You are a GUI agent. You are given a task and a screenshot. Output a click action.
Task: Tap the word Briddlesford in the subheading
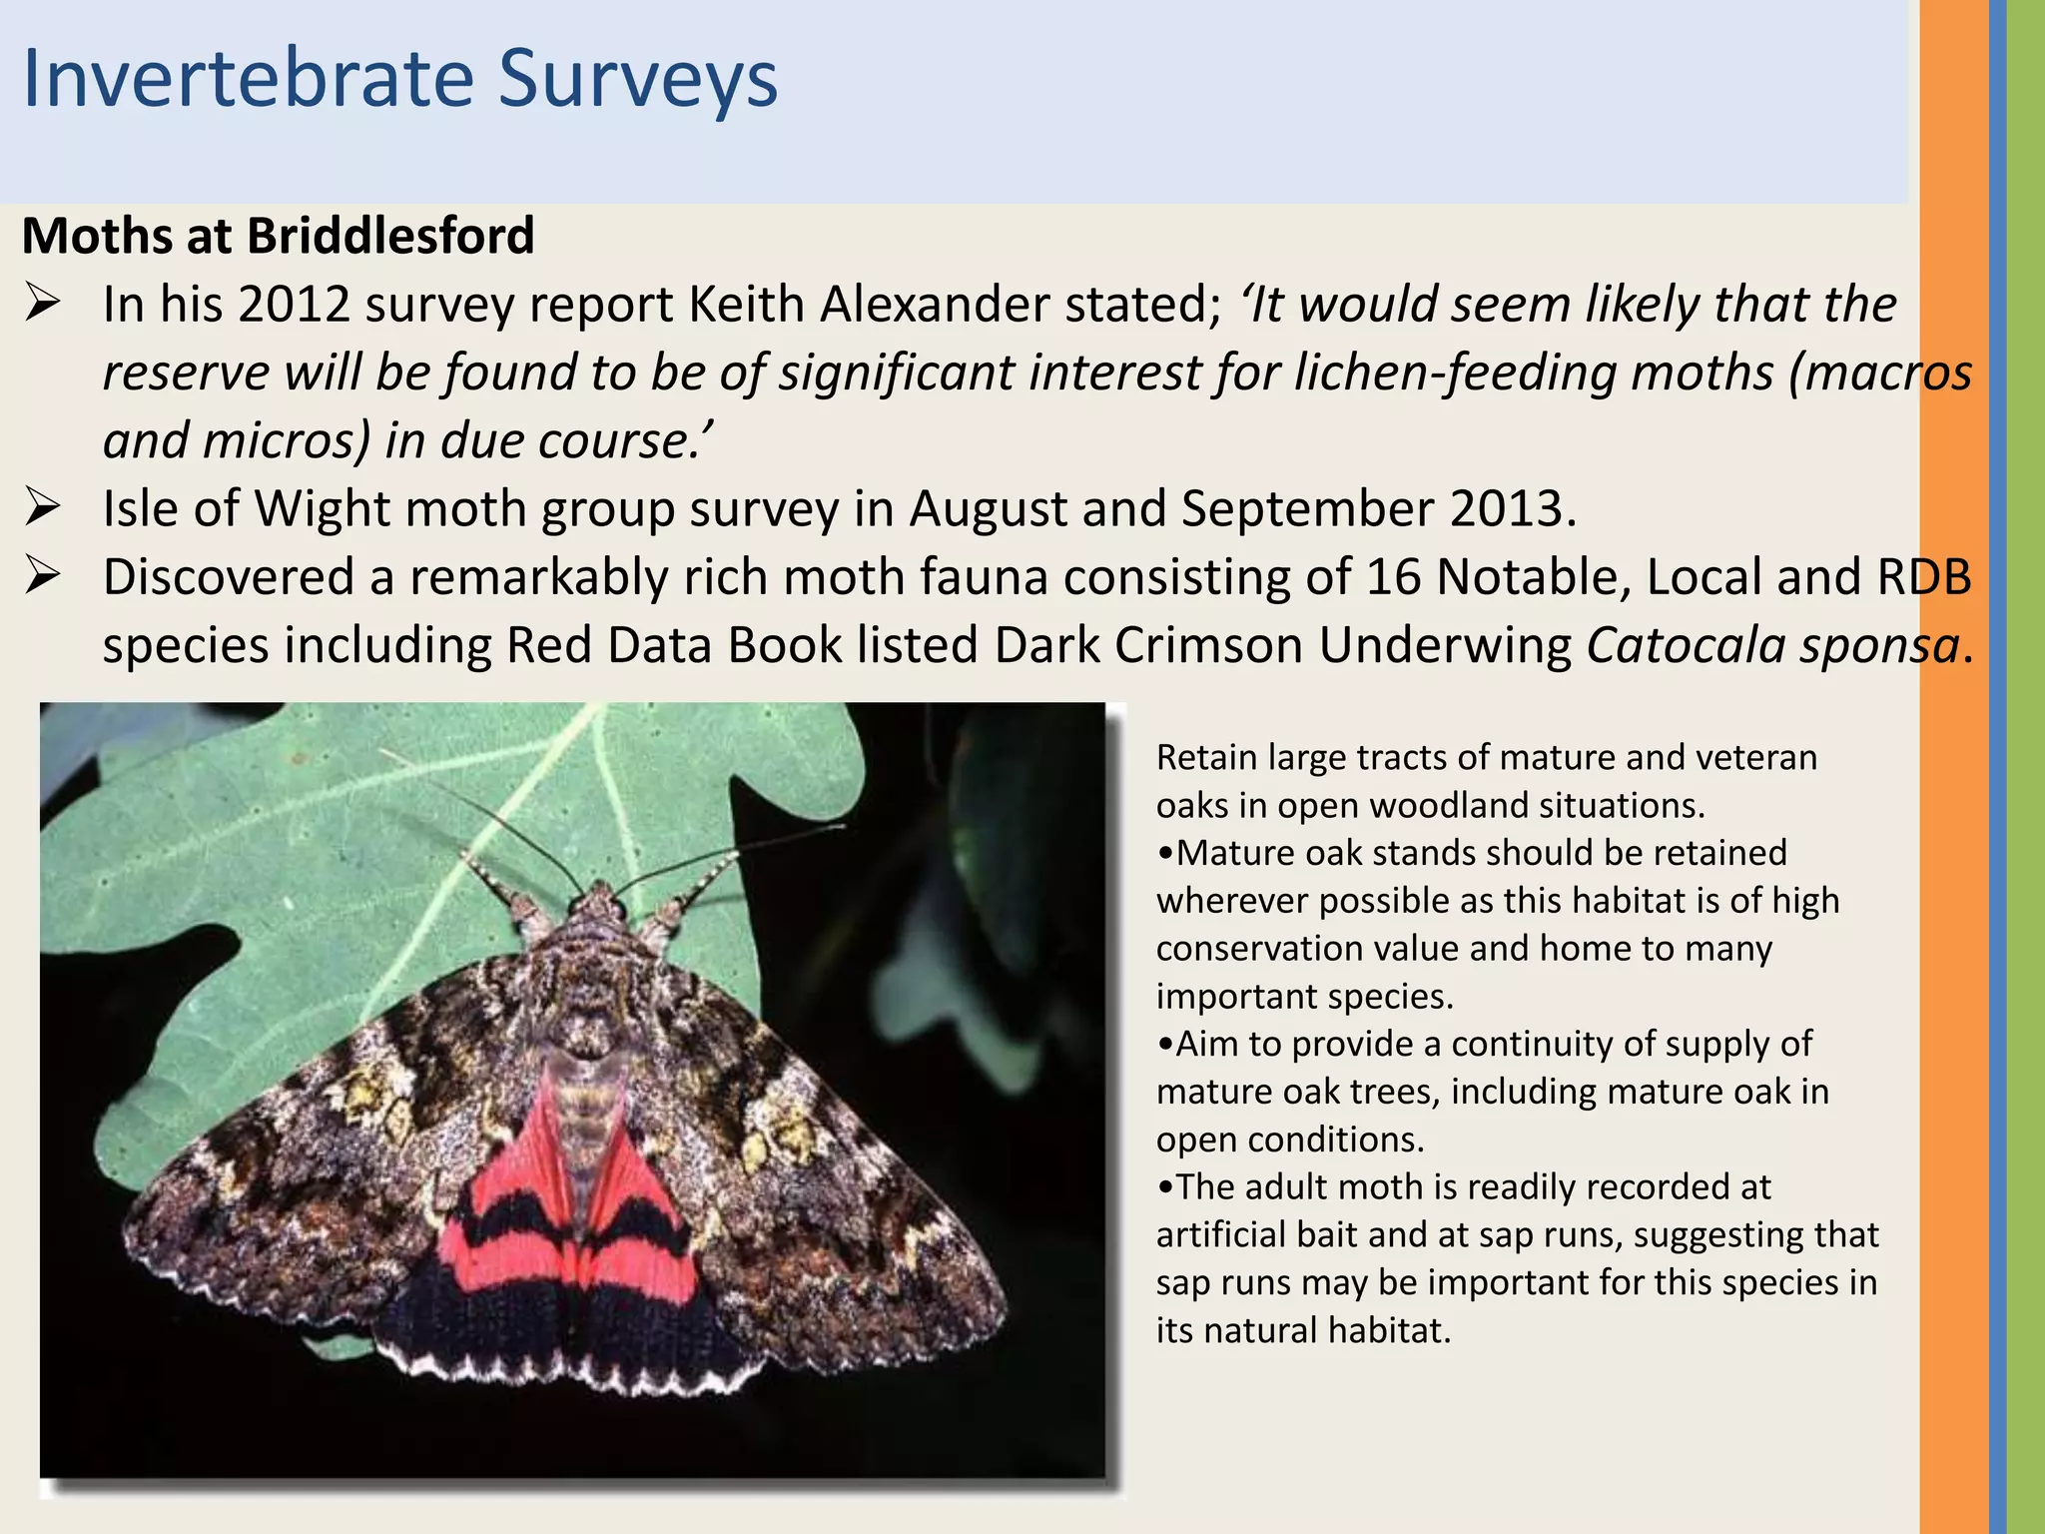pyautogui.click(x=390, y=237)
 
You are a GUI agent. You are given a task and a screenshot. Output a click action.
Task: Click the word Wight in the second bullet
pyautogui.click(x=322, y=508)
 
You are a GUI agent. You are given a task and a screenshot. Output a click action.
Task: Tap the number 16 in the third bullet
pyautogui.click(x=1392, y=577)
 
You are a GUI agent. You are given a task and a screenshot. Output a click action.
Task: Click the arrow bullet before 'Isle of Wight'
pyautogui.click(x=44, y=508)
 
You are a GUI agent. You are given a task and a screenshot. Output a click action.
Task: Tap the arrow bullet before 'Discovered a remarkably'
pyautogui.click(x=44, y=577)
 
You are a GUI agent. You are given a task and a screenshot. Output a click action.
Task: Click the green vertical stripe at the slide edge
pyautogui.click(x=2026, y=767)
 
